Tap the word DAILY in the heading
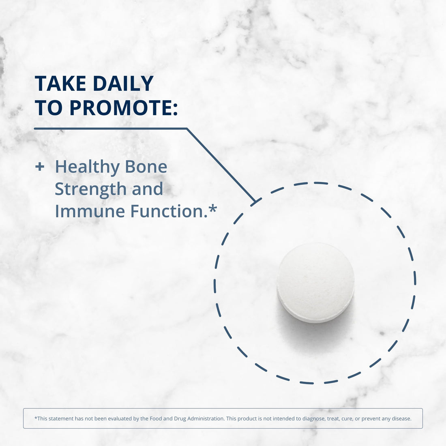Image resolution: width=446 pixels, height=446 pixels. [x=123, y=84]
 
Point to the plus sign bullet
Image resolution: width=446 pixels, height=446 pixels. [x=39, y=167]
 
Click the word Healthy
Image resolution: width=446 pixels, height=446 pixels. [x=87, y=167]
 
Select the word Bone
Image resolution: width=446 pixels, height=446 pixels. [x=146, y=167]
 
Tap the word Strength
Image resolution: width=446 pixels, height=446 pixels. [x=90, y=189]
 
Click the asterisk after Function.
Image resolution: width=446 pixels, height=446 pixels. [x=213, y=209]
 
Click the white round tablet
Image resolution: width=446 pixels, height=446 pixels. [x=315, y=283]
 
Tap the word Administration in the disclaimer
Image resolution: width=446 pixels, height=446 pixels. [x=204, y=418]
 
